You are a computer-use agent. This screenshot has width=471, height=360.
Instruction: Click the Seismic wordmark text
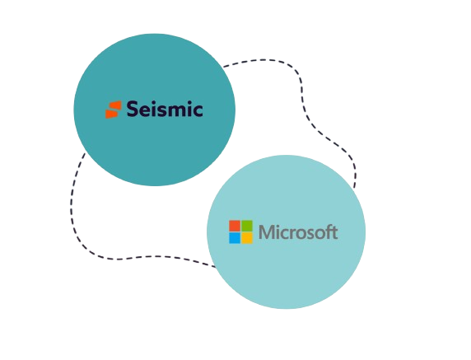click(x=165, y=109)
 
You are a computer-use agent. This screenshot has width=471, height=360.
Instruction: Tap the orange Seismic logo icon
click(x=114, y=110)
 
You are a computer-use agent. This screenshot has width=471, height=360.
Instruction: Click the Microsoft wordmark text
click(x=298, y=232)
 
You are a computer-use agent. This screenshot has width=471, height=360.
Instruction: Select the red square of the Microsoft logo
click(x=235, y=226)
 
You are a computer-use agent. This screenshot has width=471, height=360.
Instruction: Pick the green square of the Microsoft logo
click(x=247, y=226)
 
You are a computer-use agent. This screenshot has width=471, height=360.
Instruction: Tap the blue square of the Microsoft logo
click(x=235, y=238)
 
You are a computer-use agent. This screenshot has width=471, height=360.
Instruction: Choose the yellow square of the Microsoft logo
click(x=247, y=238)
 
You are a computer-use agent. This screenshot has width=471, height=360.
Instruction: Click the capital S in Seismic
click(x=133, y=109)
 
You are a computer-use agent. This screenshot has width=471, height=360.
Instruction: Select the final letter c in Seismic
click(x=197, y=110)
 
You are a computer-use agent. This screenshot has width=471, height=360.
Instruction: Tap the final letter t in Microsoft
click(x=334, y=233)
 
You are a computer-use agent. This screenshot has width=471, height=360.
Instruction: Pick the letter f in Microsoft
click(x=328, y=232)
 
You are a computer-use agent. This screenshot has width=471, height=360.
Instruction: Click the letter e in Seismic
click(x=145, y=111)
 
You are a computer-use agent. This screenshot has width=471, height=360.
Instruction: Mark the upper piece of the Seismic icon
click(x=114, y=105)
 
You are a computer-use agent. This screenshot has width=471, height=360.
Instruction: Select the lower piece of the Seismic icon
click(x=113, y=114)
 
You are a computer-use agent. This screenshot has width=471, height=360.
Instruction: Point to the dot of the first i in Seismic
click(x=155, y=102)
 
